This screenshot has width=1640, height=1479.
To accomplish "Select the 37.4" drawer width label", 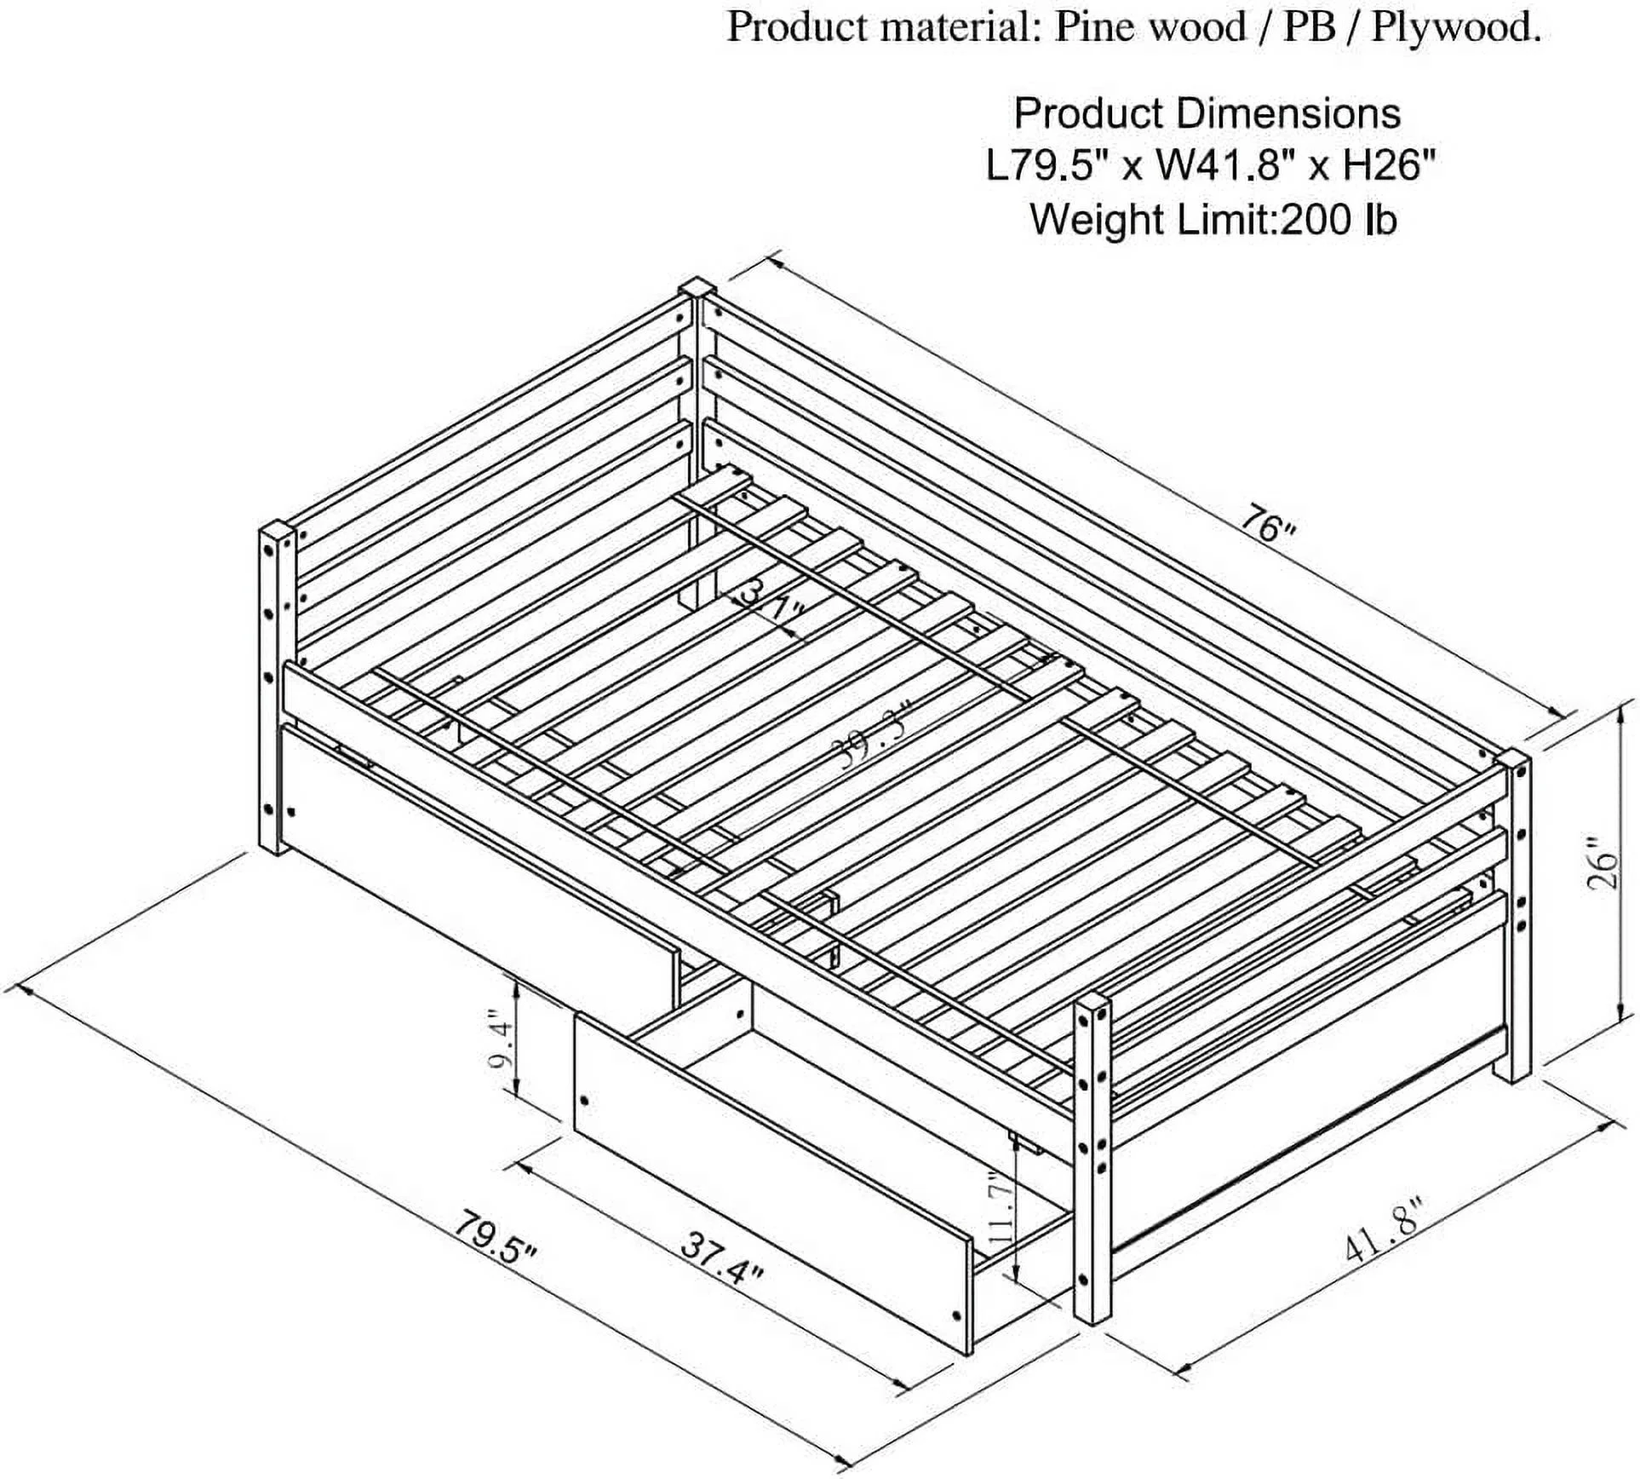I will (x=721, y=1257).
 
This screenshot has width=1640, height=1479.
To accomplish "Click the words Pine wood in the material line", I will (x=1150, y=28).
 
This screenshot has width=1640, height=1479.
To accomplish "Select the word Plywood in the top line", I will (x=1455, y=28).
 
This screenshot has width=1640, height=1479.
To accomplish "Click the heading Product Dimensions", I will (x=1207, y=114).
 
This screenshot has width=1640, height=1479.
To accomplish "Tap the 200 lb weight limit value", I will (x=1337, y=220).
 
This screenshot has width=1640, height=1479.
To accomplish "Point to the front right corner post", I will (x=1091, y=1176).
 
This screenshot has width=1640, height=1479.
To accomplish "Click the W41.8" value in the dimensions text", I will (x=1218, y=166).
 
